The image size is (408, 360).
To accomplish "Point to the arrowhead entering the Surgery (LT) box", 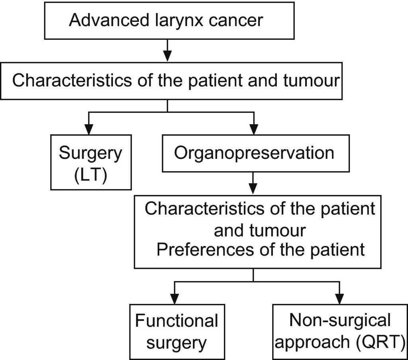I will [88, 129].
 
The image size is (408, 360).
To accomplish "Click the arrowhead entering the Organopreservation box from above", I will [253, 129].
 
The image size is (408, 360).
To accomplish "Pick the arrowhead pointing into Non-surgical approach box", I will [339, 298].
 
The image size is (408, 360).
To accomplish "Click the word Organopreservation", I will [254, 153].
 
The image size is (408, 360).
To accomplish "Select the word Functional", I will [177, 321].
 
